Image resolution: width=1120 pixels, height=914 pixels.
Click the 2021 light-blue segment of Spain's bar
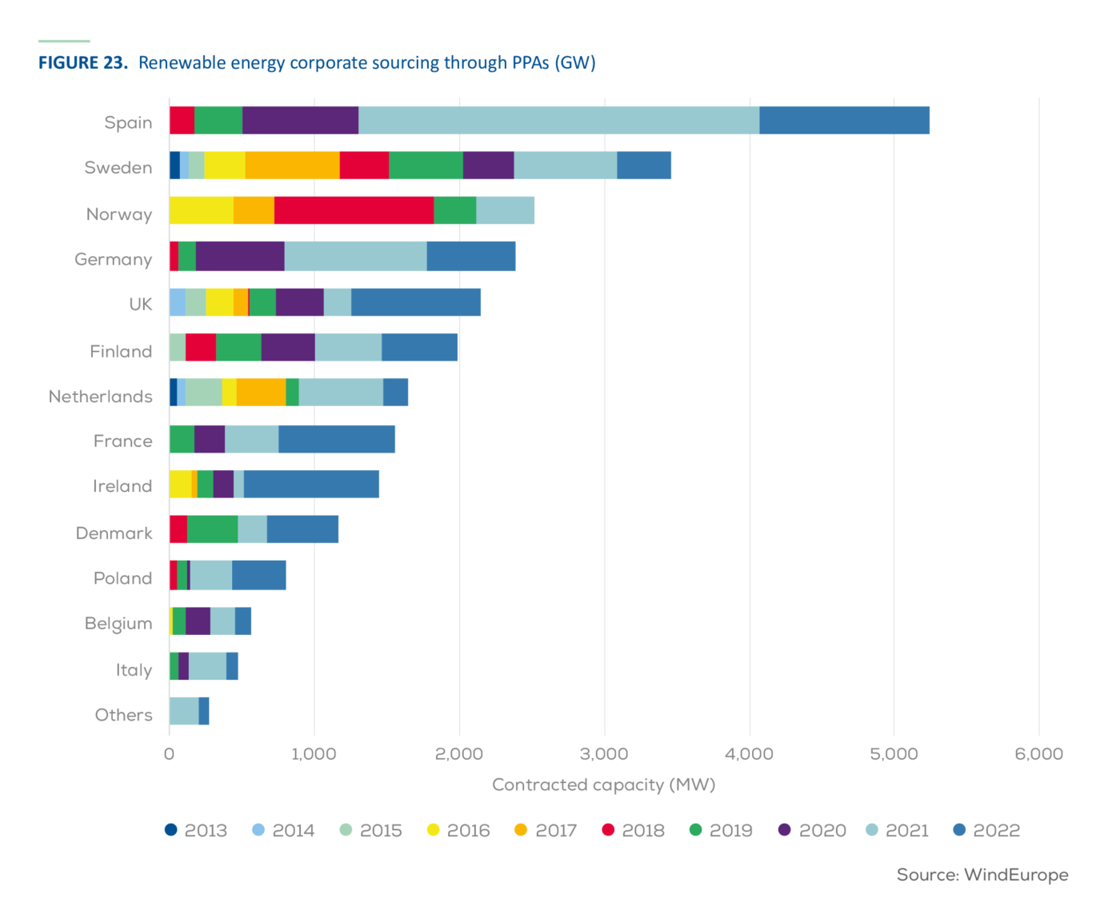558,120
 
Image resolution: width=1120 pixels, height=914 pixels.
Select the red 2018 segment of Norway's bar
354,210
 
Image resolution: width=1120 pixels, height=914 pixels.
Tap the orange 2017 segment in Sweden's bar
292,165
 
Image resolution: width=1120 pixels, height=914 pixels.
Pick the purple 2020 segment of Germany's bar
240,256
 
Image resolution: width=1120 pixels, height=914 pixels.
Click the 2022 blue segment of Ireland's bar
311,485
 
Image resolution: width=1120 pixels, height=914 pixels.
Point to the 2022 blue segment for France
337,439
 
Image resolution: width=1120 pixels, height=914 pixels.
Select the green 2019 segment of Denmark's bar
212,529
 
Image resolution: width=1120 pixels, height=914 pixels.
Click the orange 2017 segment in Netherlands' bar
261,393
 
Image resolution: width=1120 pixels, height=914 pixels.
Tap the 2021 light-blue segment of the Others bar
184,711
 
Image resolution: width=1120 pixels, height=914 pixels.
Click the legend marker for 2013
171,829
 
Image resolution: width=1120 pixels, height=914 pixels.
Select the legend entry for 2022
987,830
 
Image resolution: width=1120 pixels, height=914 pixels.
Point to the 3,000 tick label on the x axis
604,754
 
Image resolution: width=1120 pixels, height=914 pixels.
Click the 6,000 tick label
1038,754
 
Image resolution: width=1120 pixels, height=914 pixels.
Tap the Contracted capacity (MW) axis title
603,784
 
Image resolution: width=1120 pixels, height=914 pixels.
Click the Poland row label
122,578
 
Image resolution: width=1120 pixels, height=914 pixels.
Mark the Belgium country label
118,623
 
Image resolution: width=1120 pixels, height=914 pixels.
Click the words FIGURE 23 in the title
83,63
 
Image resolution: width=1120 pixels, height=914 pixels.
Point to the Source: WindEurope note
982,875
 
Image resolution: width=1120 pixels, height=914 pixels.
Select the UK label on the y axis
140,304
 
